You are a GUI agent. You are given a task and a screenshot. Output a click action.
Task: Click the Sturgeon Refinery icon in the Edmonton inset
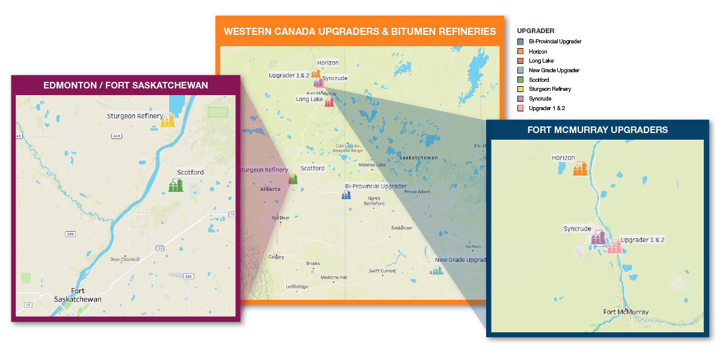pyautogui.click(x=167, y=120)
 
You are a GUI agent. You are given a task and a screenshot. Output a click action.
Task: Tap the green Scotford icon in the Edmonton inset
pyautogui.click(x=175, y=185)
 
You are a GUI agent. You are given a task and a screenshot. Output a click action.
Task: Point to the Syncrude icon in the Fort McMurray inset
pyautogui.click(x=598, y=237)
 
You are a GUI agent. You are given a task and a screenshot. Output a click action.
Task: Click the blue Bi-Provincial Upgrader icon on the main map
pyautogui.click(x=346, y=194)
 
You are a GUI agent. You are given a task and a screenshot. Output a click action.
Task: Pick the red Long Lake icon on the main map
pyautogui.click(x=329, y=102)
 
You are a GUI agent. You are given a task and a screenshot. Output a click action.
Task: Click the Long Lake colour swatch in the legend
pyautogui.click(x=520, y=61)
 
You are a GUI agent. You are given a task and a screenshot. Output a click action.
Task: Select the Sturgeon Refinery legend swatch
pyautogui.click(x=520, y=89)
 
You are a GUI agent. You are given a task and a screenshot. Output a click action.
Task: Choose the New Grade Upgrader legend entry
pyautogui.click(x=554, y=70)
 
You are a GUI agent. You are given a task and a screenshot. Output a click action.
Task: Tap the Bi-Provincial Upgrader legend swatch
pyautogui.click(x=520, y=42)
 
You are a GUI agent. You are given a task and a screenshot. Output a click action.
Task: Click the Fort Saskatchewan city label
pyautogui.click(x=78, y=294)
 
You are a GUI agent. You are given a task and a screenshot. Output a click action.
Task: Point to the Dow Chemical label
pyautogui.click(x=125, y=259)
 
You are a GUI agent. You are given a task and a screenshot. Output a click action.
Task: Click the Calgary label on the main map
pyautogui.click(x=277, y=257)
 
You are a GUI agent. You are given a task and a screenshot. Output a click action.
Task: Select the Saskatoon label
pyautogui.click(x=401, y=228)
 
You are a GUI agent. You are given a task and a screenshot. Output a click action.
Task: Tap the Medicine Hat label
pyautogui.click(x=334, y=278)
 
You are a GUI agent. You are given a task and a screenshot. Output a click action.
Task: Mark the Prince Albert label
pyautogui.click(x=419, y=192)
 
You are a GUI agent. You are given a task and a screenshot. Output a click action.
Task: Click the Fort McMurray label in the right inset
pyautogui.click(x=626, y=312)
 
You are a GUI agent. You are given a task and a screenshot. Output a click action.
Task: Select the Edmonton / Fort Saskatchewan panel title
pyautogui.click(x=125, y=85)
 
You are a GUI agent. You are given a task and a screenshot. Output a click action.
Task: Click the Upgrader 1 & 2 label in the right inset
pyautogui.click(x=643, y=240)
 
